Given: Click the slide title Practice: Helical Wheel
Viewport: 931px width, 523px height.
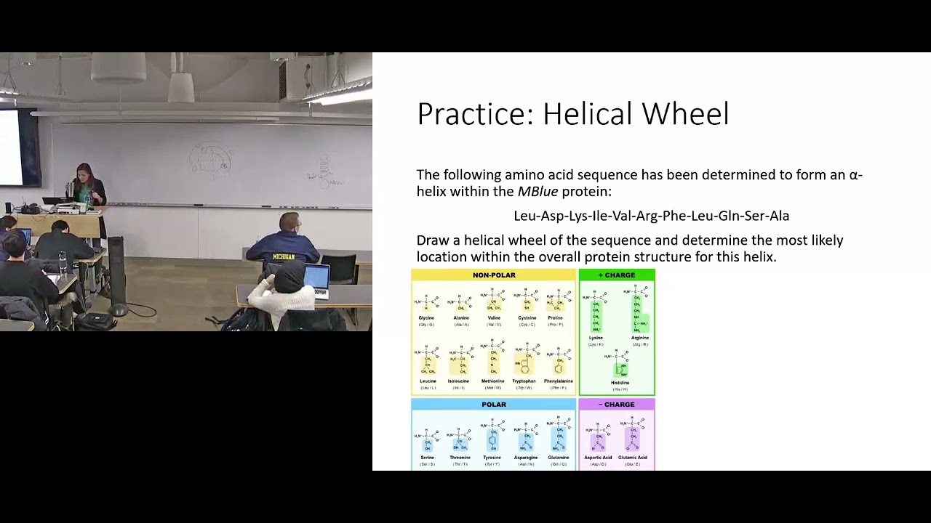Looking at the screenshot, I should (x=572, y=115).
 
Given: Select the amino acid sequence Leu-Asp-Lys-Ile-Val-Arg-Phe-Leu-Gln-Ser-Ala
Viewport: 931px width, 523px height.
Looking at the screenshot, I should (x=651, y=216).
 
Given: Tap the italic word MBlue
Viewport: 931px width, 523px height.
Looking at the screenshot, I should (x=538, y=192).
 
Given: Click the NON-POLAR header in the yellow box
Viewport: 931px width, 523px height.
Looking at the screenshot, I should (x=494, y=275).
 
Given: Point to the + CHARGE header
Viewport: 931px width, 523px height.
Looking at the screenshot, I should (x=617, y=275).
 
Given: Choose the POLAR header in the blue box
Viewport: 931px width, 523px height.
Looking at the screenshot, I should (x=494, y=405).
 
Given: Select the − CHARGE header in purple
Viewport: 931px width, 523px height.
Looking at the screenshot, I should (x=617, y=405).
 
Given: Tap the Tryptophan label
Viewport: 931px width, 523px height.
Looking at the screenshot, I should (x=524, y=381).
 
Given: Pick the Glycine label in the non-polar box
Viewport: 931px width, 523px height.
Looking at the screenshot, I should (x=426, y=318).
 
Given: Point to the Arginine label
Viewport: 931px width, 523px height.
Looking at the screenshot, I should (x=640, y=338).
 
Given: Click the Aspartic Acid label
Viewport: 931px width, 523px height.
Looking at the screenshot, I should (x=598, y=458).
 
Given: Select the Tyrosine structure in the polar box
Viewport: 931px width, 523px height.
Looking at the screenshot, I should (x=492, y=437).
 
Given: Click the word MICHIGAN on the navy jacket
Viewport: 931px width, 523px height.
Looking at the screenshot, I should (x=284, y=257).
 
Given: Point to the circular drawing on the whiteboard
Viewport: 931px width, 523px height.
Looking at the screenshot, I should (x=210, y=161).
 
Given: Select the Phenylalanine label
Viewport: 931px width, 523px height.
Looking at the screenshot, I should (x=558, y=381).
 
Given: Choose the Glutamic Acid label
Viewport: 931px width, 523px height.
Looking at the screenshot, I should (x=632, y=458).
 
